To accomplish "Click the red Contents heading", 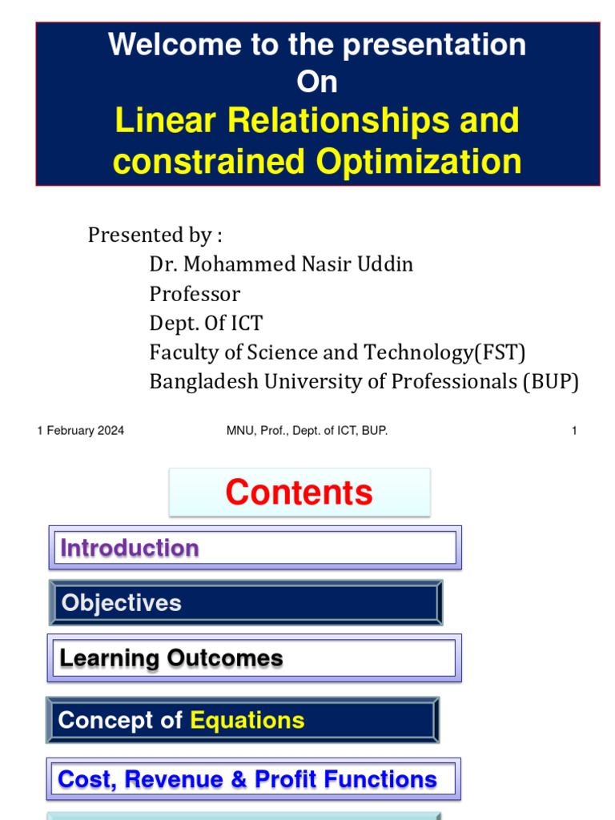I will [299, 492].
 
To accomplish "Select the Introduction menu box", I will [255, 548].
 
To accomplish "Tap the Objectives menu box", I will [246, 603].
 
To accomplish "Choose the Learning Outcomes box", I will [255, 658].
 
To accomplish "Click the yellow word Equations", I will [247, 720].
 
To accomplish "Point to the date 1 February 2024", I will [80, 431].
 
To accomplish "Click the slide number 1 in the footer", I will [574, 431].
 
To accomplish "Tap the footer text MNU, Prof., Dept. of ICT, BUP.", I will [307, 431].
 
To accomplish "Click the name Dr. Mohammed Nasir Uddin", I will [281, 264].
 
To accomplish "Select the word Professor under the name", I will [195, 294].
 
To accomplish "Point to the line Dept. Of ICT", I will [206, 324].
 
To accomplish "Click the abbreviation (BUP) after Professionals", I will [551, 382].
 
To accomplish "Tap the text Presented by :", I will [155, 235].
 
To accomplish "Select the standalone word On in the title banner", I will [317, 82].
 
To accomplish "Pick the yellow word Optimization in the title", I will [418, 162].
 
